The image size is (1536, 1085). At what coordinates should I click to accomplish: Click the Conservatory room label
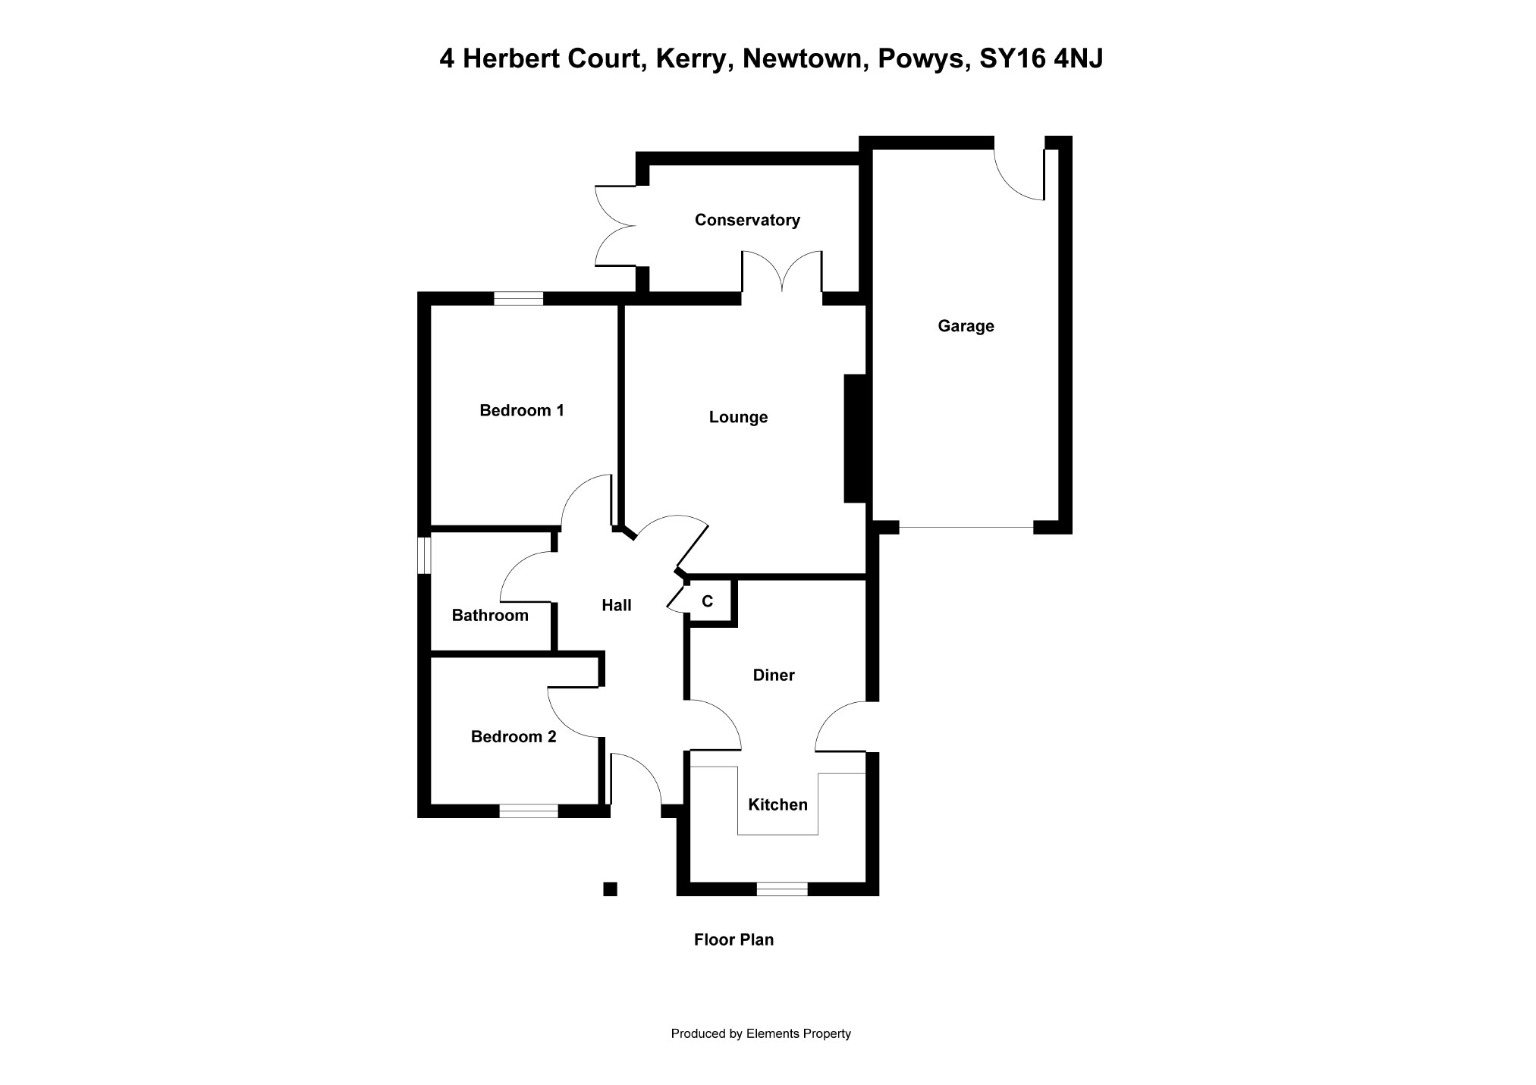coord(747,220)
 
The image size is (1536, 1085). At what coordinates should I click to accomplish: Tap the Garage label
coord(966,326)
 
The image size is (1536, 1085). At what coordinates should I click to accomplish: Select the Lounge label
coord(738,417)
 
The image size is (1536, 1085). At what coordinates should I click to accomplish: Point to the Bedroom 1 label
coord(522,410)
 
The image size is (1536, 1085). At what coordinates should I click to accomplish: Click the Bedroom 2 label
coord(514,736)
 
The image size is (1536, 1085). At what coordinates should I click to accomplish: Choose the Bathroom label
coord(490,615)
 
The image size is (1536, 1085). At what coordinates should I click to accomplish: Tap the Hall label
coord(616,605)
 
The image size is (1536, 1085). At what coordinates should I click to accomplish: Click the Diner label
coord(774,675)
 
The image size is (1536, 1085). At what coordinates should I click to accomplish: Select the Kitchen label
coord(777,804)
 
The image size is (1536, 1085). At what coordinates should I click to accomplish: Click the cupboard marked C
coord(708,602)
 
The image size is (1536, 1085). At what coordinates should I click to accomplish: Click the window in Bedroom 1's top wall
coord(518,299)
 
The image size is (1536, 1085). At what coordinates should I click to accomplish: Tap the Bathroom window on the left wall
coord(424,555)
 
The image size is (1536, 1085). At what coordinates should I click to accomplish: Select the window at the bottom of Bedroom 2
coord(528,811)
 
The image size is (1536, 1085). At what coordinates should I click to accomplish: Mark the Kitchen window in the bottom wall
coord(782,889)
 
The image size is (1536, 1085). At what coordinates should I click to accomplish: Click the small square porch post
coord(610,889)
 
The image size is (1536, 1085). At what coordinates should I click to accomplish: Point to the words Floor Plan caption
coord(733,939)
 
